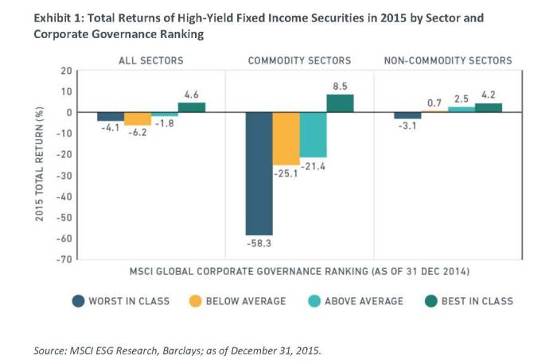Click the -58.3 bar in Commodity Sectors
[x=259, y=173]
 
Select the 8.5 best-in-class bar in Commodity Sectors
[x=340, y=103]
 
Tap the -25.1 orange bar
[x=286, y=138]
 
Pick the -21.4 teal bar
[x=313, y=134]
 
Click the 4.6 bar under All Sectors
[x=191, y=107]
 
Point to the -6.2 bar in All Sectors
[x=137, y=118]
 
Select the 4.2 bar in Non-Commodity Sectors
[x=489, y=107]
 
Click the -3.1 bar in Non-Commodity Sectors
[x=407, y=115]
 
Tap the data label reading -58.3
[x=259, y=243]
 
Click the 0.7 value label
[x=434, y=103]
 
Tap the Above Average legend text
[x=366, y=300]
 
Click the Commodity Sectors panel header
[x=299, y=60]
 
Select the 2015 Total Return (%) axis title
[x=40, y=165]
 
